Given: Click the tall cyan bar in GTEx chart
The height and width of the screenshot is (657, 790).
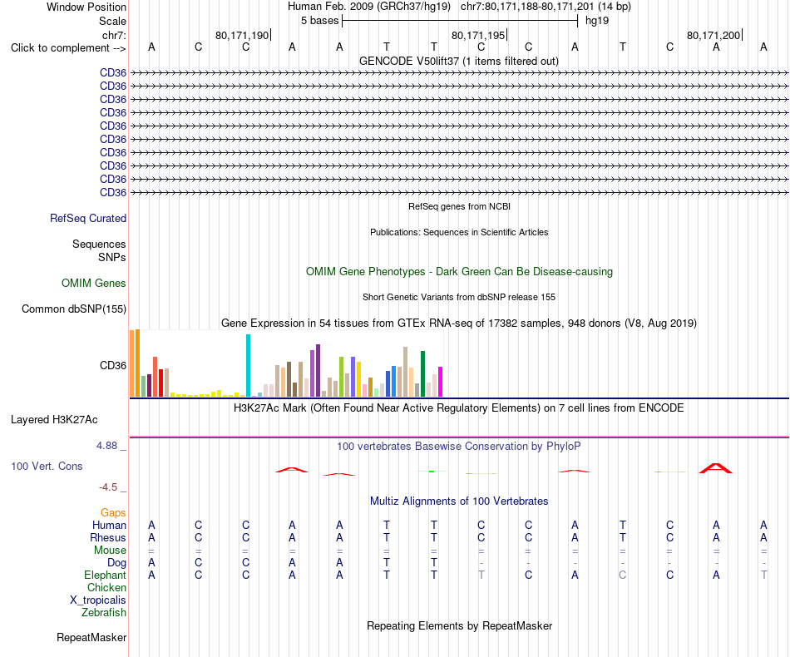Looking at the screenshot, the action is click(x=248, y=365).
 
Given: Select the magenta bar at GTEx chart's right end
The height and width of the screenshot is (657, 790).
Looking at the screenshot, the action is click(x=441, y=382).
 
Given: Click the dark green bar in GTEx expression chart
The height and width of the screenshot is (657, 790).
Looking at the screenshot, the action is click(x=422, y=374).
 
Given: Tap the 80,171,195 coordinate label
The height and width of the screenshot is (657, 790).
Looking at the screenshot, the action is click(x=478, y=35).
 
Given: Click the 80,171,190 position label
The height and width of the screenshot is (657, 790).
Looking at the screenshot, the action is click(x=242, y=35).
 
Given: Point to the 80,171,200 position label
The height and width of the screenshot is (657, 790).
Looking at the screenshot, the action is click(x=713, y=35).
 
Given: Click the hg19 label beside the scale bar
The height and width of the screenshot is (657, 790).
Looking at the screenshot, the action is click(x=597, y=21).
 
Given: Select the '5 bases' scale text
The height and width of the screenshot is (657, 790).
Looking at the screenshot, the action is click(x=320, y=21).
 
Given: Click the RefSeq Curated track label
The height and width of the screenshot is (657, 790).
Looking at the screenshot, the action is click(x=88, y=218).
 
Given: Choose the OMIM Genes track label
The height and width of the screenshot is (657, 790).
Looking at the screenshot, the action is click(x=94, y=283).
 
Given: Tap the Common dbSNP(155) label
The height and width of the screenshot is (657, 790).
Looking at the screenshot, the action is click(x=74, y=309).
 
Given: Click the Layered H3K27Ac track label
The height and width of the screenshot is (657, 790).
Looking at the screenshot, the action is click(x=54, y=420).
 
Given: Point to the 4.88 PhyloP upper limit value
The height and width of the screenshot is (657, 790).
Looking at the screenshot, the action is click(x=106, y=446).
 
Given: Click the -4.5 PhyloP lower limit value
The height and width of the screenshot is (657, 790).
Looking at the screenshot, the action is click(x=108, y=487).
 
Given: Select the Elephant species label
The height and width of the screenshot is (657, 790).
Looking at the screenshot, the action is click(x=106, y=575).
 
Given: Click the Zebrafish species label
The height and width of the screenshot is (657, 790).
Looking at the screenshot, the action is click(x=104, y=613).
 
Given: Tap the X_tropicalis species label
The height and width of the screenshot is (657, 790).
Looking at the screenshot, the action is click(x=98, y=600).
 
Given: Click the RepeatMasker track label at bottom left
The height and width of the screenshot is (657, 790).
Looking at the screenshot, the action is click(x=91, y=637).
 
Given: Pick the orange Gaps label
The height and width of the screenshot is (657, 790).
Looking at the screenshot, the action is click(x=113, y=512).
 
